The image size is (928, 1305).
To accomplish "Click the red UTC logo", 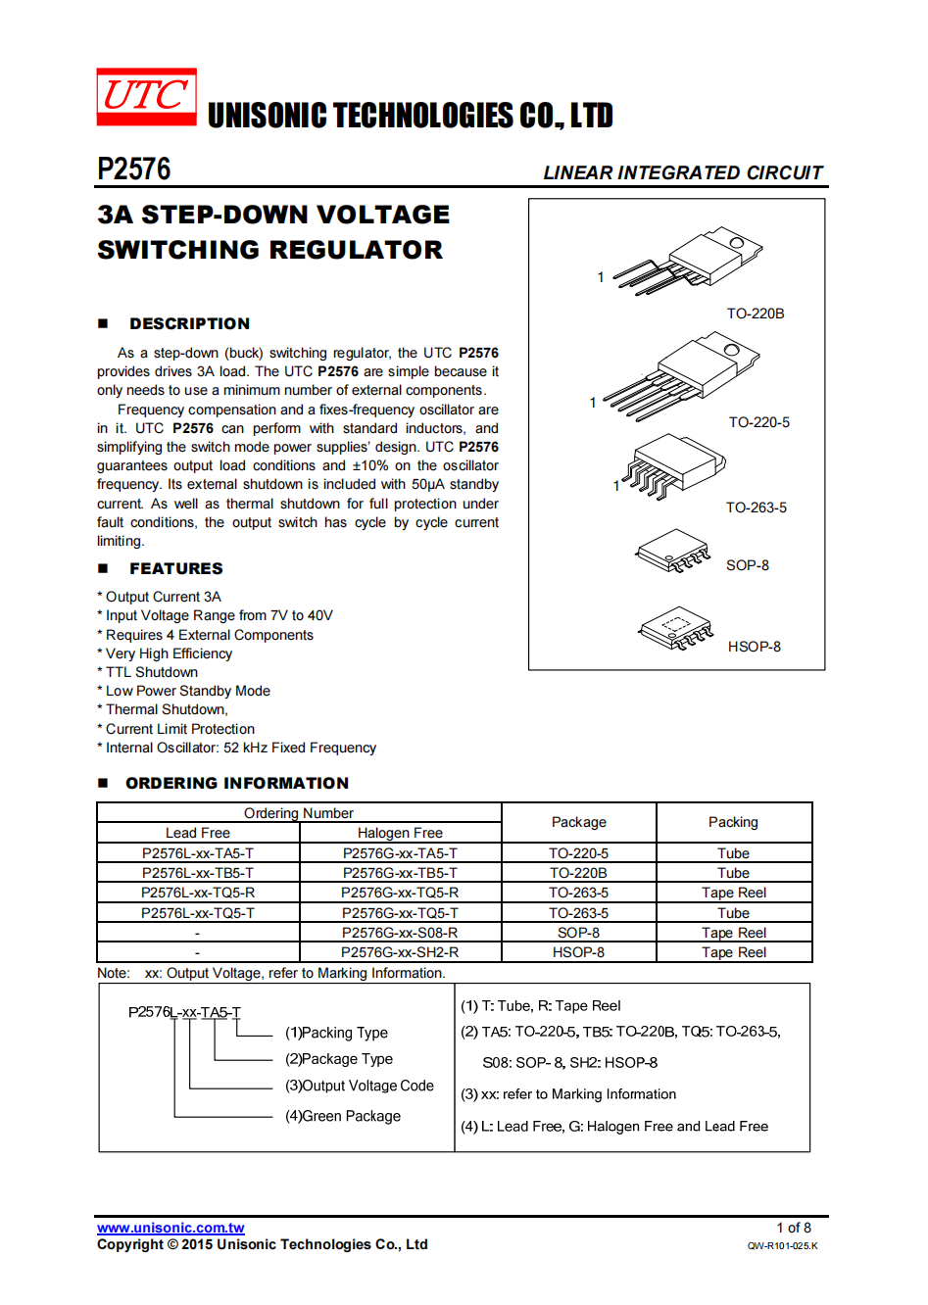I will click(146, 97).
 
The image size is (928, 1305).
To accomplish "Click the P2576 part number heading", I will click(134, 169).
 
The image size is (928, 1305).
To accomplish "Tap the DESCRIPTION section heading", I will click(189, 323).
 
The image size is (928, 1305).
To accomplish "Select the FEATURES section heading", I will click(175, 568).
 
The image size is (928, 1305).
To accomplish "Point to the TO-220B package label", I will click(755, 314).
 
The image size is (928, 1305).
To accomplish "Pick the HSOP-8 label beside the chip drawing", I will click(754, 647).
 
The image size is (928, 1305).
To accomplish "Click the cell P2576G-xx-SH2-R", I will click(400, 952).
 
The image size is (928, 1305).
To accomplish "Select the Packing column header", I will click(733, 822).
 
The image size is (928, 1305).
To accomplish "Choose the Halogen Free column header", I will click(400, 833).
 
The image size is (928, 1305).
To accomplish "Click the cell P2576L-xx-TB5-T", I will click(198, 873).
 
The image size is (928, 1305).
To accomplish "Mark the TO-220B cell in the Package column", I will click(578, 873).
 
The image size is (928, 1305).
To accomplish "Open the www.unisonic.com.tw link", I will click(171, 1228).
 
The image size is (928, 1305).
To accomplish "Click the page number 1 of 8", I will click(794, 1228).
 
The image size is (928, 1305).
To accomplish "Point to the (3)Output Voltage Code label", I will click(359, 1086).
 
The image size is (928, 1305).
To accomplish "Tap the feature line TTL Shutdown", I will click(152, 672).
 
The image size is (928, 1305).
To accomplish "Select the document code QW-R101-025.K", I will click(782, 1246).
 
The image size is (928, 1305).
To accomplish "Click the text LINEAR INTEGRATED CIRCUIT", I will click(683, 173).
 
